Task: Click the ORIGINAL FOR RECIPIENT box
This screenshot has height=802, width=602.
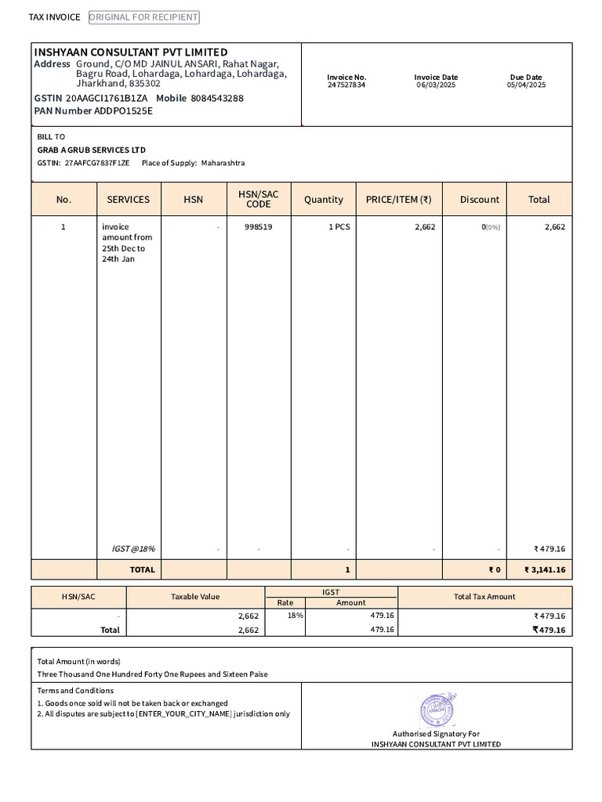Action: coord(143,17)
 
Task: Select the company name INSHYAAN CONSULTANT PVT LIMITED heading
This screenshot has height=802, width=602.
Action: coord(131,52)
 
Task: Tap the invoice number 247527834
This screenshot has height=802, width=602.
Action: coord(346,85)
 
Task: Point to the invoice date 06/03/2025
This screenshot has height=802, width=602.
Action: coord(437,85)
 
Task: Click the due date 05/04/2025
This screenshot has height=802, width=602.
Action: coord(526,85)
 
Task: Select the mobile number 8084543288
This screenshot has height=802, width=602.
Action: coord(217,98)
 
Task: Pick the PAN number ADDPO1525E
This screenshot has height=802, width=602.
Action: coord(124,110)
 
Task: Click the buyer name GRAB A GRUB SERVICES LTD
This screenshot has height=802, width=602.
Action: coord(91,150)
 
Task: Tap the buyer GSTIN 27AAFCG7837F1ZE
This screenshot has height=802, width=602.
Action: coord(97,163)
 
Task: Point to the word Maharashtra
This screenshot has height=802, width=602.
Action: coord(223,163)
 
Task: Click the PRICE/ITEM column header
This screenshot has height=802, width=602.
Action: coord(398,200)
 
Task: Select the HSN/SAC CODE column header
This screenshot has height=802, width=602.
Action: coord(258,199)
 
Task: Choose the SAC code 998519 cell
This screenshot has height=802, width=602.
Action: coord(258,226)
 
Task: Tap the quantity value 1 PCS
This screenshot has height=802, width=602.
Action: coord(339,226)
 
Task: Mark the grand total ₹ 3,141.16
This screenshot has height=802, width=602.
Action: coord(545,569)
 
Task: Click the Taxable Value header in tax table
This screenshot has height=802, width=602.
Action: coord(195,597)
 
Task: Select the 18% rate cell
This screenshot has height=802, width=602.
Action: coord(295,616)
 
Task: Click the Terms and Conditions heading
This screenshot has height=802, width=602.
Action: coord(75,691)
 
